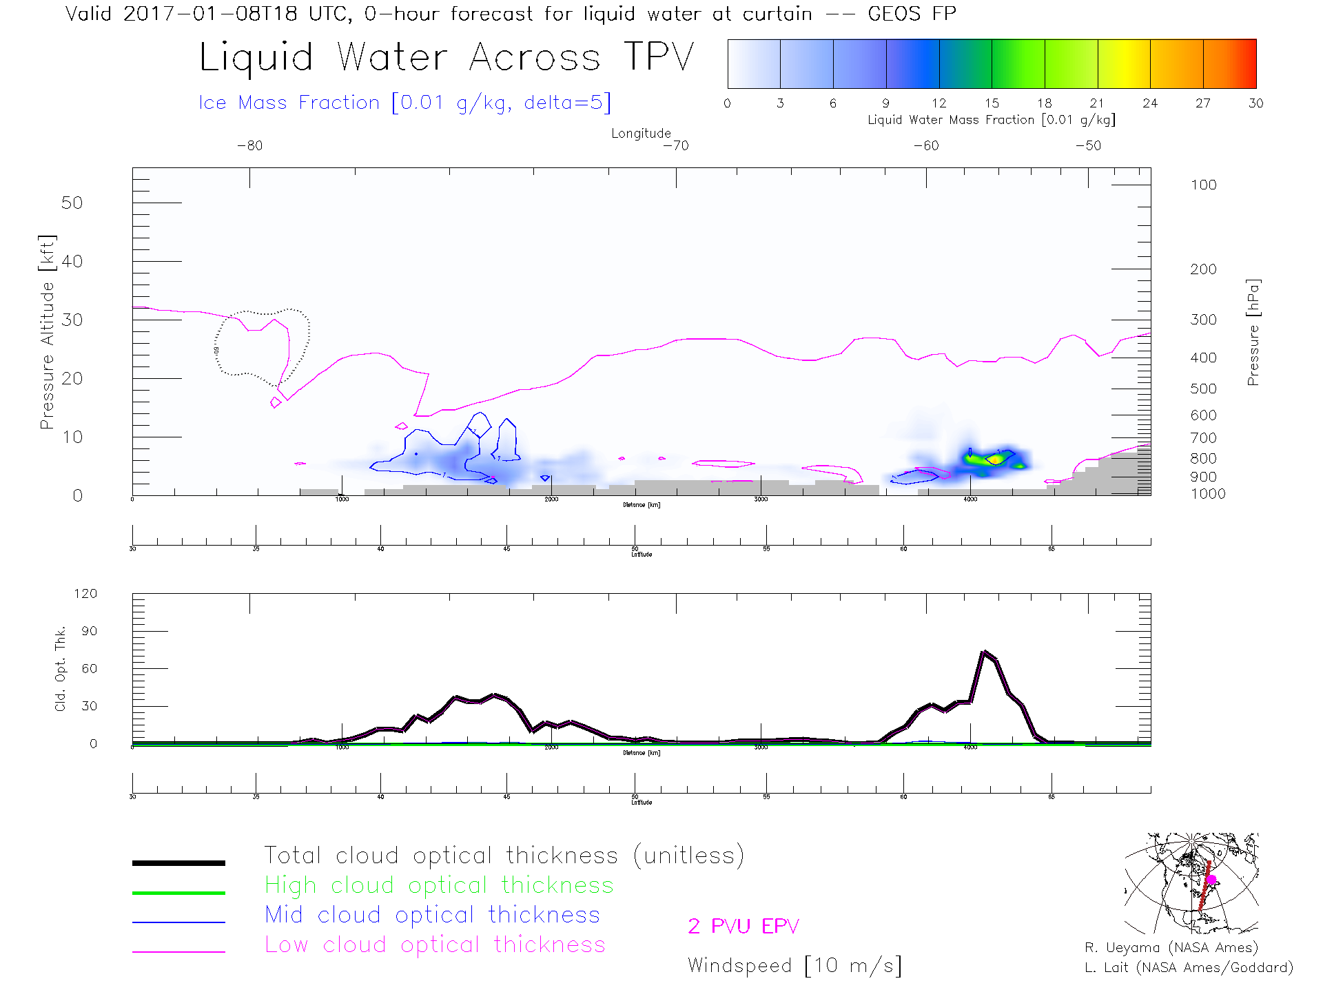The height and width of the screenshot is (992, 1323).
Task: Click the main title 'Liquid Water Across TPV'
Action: point(446,57)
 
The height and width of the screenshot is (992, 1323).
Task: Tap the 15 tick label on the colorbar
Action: point(992,103)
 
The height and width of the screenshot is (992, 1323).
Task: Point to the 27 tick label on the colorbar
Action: point(1203,103)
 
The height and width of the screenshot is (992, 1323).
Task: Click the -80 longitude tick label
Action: point(249,146)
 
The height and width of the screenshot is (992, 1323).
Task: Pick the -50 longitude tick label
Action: point(1088,146)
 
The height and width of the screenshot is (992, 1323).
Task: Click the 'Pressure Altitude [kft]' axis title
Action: point(47,332)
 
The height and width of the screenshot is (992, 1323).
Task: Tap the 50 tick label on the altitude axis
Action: point(72,203)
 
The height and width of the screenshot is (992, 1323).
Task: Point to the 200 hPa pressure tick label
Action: point(1203,269)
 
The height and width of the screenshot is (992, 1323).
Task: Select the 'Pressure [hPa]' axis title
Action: point(1253,332)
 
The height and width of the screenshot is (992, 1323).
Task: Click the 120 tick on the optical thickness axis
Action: point(85,594)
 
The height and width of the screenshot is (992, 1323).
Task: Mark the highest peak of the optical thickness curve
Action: point(985,652)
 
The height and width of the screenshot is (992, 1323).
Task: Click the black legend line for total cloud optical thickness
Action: point(178,862)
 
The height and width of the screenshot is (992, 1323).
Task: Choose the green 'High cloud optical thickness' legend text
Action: point(439,885)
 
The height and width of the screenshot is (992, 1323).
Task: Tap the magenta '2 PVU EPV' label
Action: point(743,927)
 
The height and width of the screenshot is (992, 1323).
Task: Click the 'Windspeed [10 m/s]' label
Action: point(794,966)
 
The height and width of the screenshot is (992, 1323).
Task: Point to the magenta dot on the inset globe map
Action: point(1211,880)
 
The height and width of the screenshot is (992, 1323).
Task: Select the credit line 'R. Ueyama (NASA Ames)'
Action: point(1171,948)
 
